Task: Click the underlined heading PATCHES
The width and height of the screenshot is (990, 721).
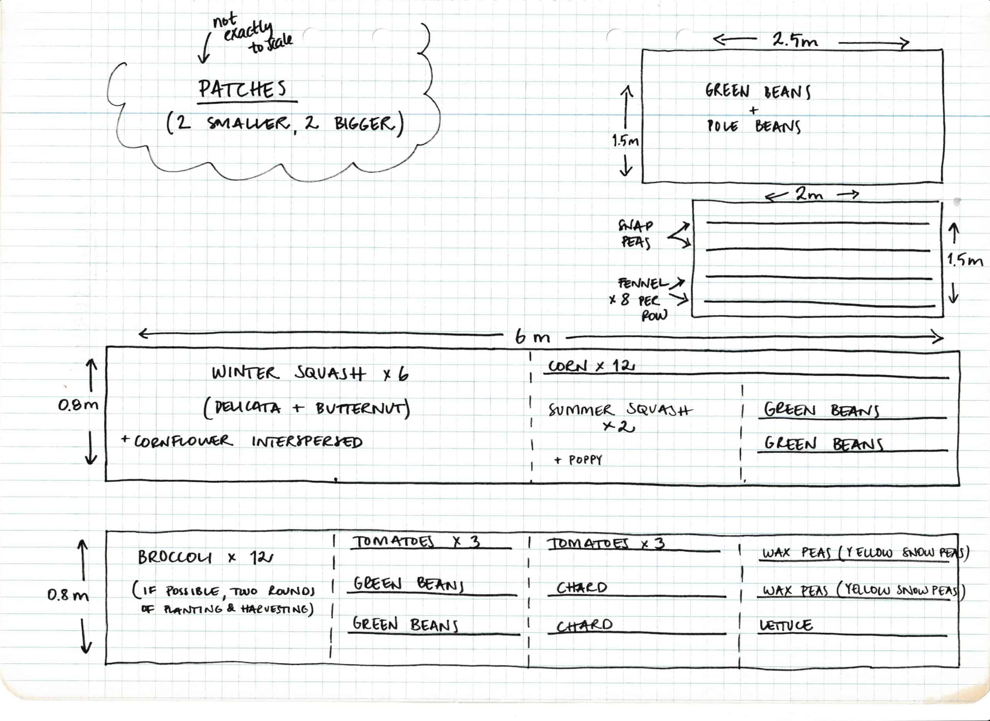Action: click(243, 89)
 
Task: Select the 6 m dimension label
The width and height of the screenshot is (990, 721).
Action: click(532, 337)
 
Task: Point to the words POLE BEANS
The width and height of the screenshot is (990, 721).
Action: click(754, 126)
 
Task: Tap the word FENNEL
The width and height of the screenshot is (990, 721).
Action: click(643, 283)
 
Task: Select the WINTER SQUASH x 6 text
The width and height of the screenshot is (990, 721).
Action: click(310, 374)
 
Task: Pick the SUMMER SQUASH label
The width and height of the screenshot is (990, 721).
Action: click(620, 411)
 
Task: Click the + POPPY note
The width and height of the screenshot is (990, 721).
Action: click(578, 460)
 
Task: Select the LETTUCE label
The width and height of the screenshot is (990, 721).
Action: click(786, 625)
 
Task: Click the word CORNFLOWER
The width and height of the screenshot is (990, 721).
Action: click(183, 441)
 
